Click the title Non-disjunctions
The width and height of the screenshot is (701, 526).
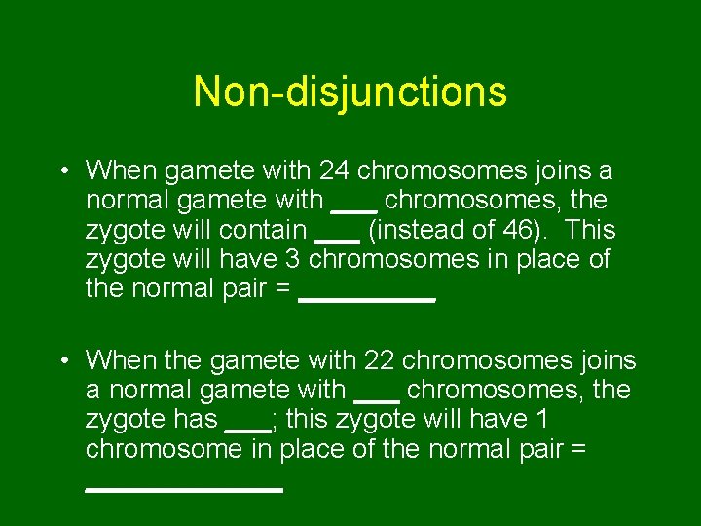pyautogui.click(x=350, y=92)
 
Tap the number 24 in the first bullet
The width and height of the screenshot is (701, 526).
pyautogui.click(x=335, y=171)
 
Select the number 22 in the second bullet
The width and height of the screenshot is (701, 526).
pyautogui.click(x=380, y=361)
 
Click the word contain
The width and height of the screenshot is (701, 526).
pyautogui.click(x=263, y=230)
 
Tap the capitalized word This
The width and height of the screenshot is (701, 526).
pyautogui.click(x=589, y=230)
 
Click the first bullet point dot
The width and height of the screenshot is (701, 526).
pyautogui.click(x=61, y=172)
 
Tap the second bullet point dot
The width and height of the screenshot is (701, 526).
pyautogui.click(x=61, y=362)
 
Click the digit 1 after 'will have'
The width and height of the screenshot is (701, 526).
pyautogui.click(x=541, y=420)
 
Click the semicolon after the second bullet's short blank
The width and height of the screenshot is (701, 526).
pyautogui.click(x=276, y=422)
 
